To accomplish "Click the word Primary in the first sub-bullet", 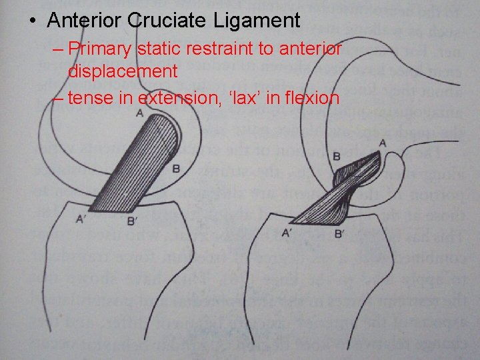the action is click(99, 49).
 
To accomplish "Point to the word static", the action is click(157, 49).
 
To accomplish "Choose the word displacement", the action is click(122, 71).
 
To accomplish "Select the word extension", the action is click(178, 98).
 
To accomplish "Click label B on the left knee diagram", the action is click(176, 169).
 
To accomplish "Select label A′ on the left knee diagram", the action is click(81, 218).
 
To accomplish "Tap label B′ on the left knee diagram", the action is click(131, 220).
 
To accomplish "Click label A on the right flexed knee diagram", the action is click(382, 143).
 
